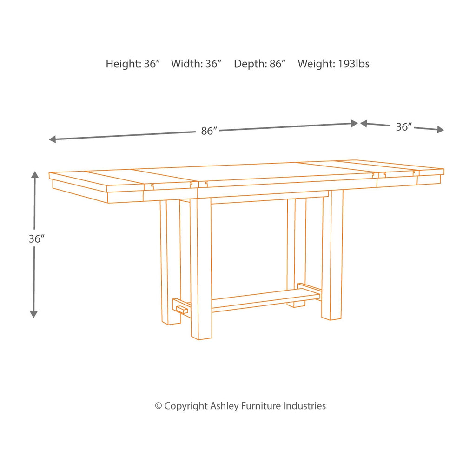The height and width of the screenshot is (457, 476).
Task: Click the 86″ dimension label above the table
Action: [210, 131]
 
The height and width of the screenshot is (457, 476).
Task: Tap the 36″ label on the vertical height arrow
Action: [37, 239]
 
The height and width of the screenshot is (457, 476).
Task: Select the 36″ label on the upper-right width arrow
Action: [404, 126]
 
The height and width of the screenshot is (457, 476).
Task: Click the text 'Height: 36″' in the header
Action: [133, 64]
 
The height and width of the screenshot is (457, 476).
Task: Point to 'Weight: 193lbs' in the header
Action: [333, 64]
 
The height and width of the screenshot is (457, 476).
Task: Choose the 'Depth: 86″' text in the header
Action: [260, 64]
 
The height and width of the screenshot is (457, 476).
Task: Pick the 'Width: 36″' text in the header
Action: [196, 64]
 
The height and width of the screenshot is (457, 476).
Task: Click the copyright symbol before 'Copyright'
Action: [158, 406]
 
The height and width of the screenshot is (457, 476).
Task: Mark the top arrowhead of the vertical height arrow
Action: [35, 175]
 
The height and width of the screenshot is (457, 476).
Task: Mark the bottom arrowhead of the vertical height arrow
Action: [33, 314]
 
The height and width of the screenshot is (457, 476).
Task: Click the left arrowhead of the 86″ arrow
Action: [52, 139]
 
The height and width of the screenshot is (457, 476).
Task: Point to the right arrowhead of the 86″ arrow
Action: [354, 123]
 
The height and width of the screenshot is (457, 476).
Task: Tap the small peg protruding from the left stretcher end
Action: [182, 310]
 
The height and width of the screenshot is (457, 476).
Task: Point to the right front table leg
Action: [332, 255]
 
